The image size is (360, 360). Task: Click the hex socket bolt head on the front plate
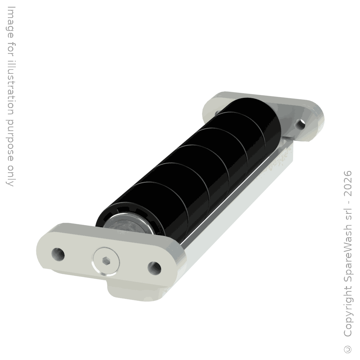coord(106,261)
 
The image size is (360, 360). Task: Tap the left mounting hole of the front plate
coord(58,255)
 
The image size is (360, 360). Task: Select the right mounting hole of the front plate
coord(154,268)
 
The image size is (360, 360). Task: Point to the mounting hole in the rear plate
coord(301,124)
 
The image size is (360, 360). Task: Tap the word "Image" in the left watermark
coord(10,22)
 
